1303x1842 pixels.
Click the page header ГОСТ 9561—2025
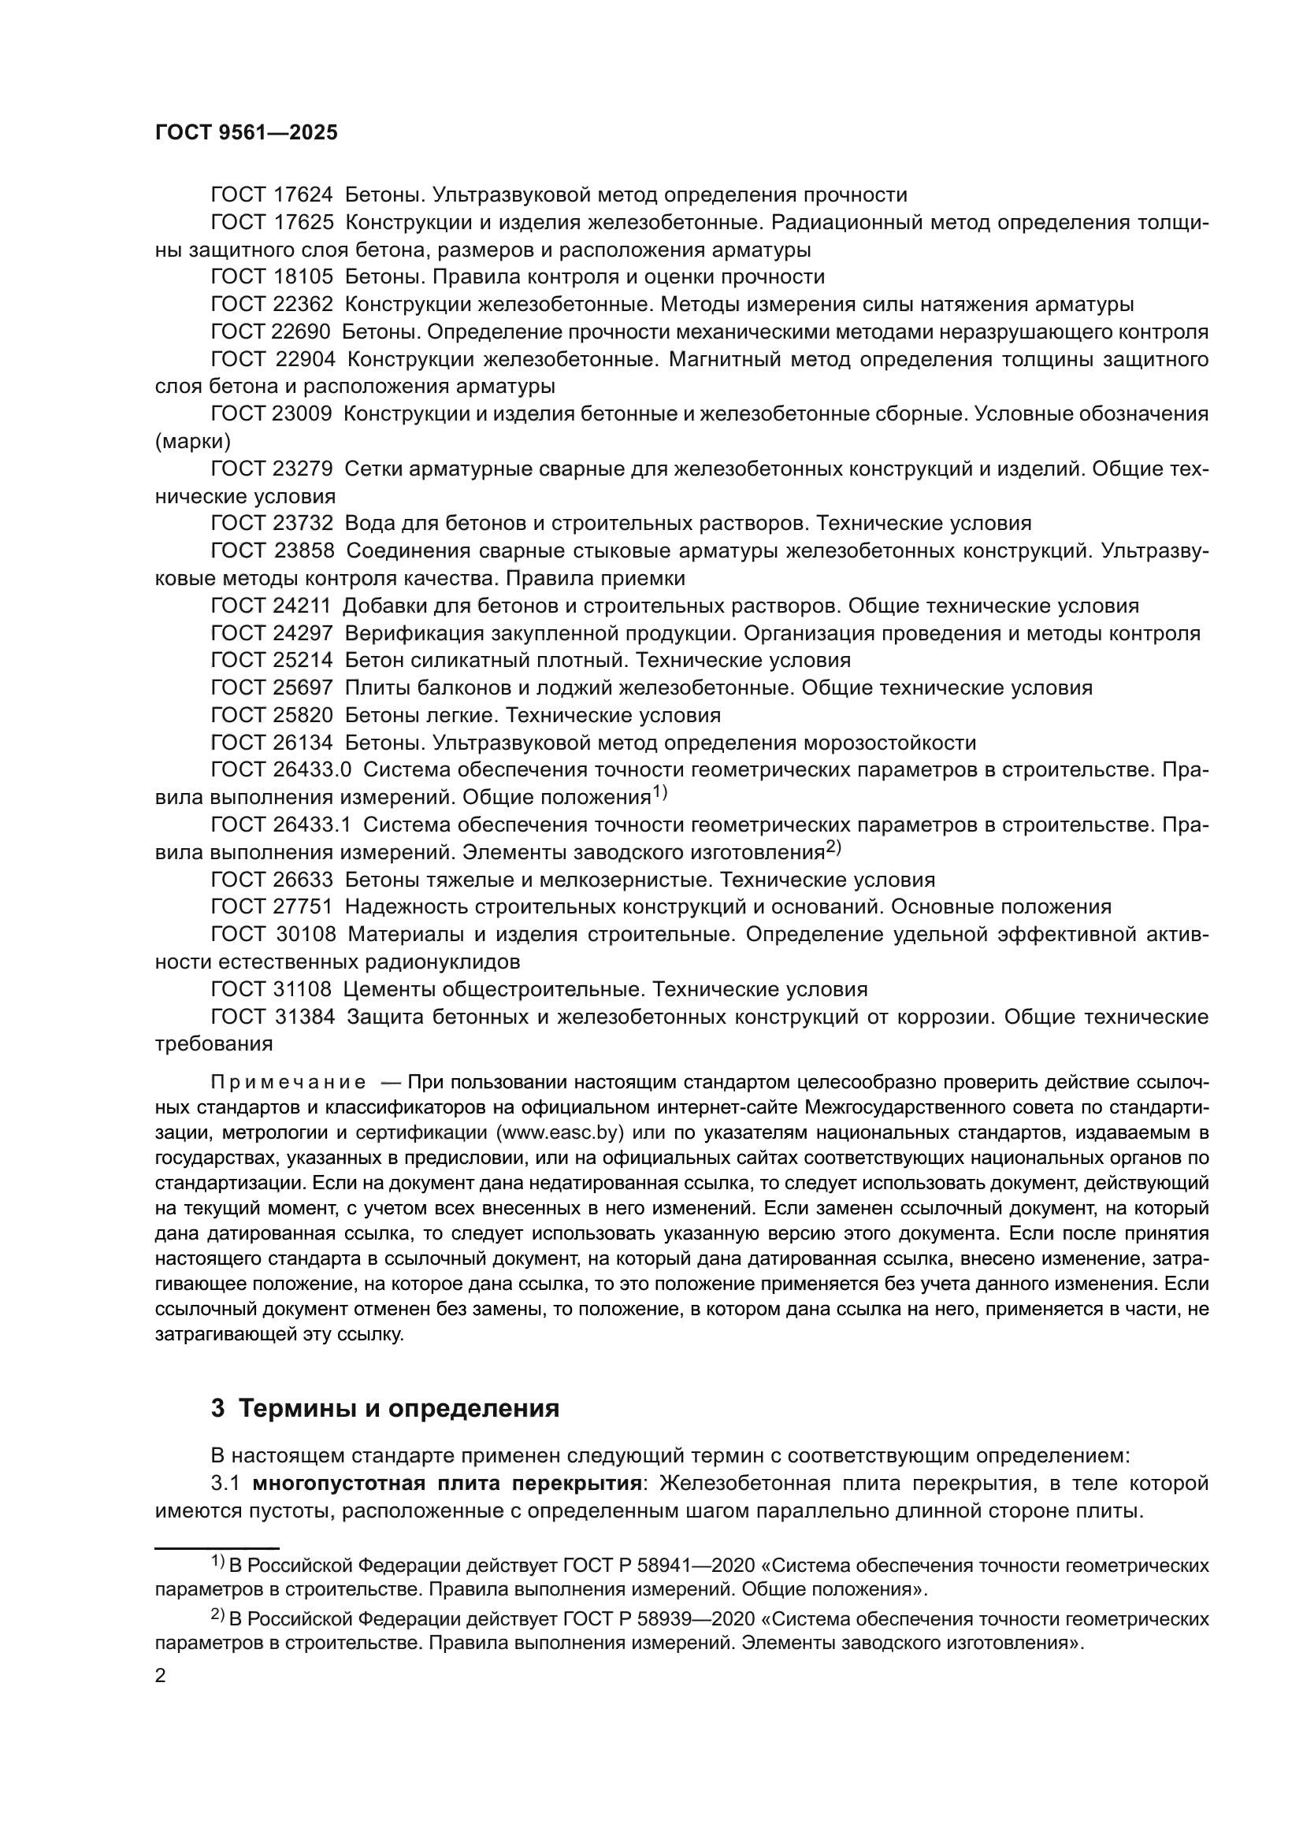247,133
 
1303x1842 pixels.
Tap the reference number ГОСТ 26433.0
280,770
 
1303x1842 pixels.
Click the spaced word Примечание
288,1083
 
